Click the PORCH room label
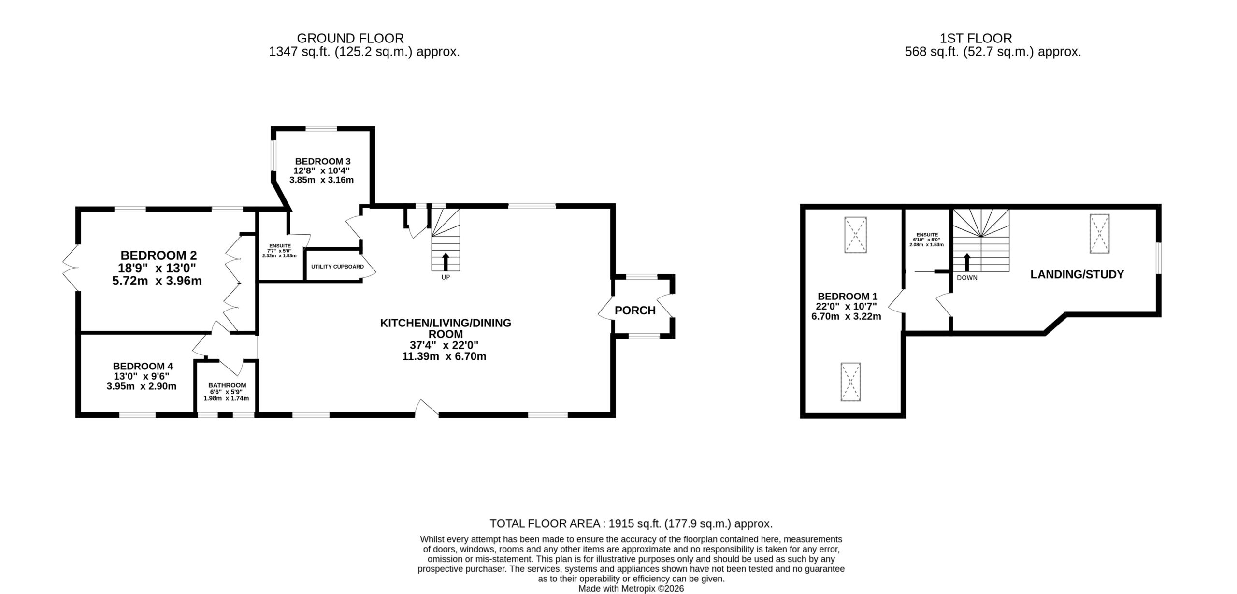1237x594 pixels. click(635, 311)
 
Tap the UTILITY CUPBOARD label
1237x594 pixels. click(337, 267)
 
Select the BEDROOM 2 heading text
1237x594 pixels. click(158, 255)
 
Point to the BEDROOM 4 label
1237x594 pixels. click(143, 367)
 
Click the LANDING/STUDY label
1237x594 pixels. click(1077, 274)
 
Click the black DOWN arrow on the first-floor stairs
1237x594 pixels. click(967, 262)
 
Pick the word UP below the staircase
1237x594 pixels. click(446, 278)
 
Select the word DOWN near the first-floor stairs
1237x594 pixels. click(967, 278)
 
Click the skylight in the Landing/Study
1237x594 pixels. click(1099, 234)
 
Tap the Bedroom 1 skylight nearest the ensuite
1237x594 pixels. click(855, 235)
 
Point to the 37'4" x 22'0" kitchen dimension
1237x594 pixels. click(444, 345)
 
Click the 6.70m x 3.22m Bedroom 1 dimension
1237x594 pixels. click(846, 317)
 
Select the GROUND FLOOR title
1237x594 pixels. click(350, 38)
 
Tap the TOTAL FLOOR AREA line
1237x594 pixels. click(631, 523)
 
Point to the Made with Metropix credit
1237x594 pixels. click(631, 589)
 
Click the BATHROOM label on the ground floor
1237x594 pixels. click(227, 385)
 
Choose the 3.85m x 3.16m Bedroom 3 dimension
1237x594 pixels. click(321, 180)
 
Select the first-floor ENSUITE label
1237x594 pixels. click(927, 235)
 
